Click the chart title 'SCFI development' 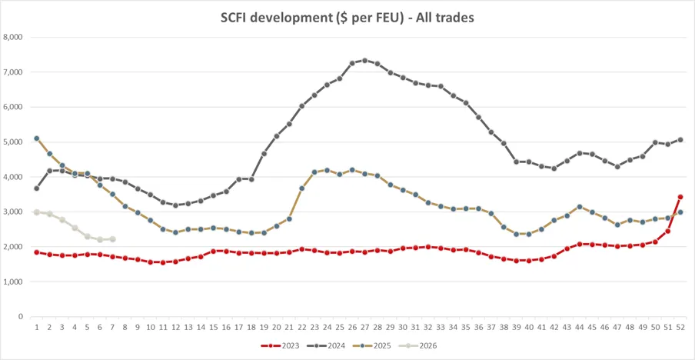point(347,17)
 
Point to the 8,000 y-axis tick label point(14,37)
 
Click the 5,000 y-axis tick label point(14,142)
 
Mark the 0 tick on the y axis point(21,316)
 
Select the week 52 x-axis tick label point(680,327)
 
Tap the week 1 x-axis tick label point(37,327)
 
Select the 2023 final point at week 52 point(680,197)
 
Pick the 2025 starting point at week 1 point(37,138)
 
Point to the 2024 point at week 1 point(37,188)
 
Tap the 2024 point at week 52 point(680,140)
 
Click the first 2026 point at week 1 point(37,212)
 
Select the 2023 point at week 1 point(37,252)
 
